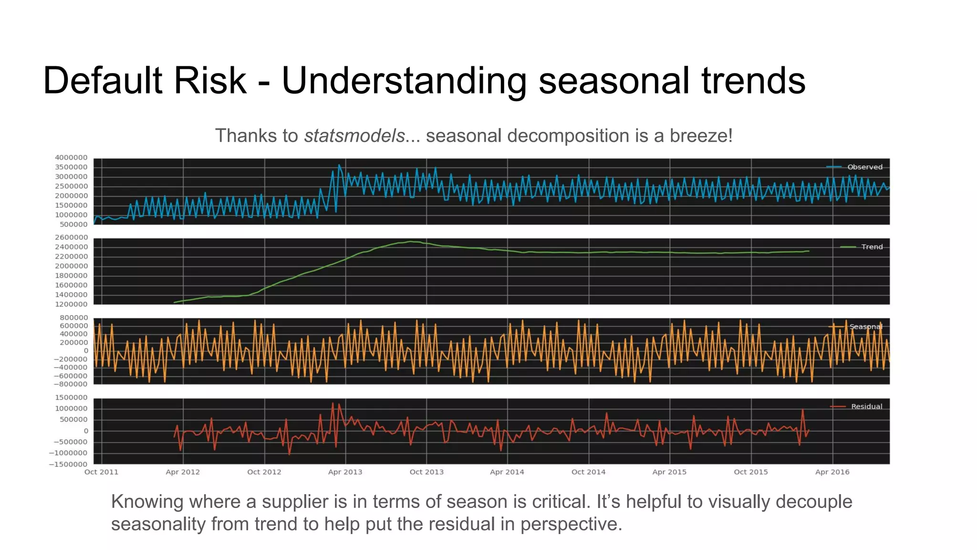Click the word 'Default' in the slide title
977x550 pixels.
pyautogui.click(x=103, y=80)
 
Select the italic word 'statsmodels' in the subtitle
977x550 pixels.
pyautogui.click(x=354, y=136)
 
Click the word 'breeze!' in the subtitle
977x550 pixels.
pyautogui.click(x=701, y=136)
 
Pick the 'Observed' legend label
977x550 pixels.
pyautogui.click(x=864, y=167)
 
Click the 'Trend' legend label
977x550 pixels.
pyautogui.click(x=872, y=247)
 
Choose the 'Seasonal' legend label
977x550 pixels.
pyautogui.click(x=865, y=327)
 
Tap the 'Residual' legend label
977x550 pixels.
pyautogui.click(x=866, y=406)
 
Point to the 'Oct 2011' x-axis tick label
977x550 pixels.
pyautogui.click(x=101, y=472)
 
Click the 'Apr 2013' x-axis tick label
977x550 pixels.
pyautogui.click(x=345, y=472)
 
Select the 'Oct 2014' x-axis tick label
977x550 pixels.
pyautogui.click(x=588, y=472)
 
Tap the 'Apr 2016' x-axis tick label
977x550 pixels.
pyautogui.click(x=832, y=472)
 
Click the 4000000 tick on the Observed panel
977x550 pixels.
pyautogui.click(x=71, y=158)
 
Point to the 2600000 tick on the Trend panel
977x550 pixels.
pyautogui.click(x=71, y=237)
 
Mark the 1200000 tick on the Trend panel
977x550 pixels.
pyautogui.click(x=71, y=304)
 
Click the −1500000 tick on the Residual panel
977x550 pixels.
pyautogui.click(x=68, y=464)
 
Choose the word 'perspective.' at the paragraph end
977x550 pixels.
pyautogui.click(x=571, y=524)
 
